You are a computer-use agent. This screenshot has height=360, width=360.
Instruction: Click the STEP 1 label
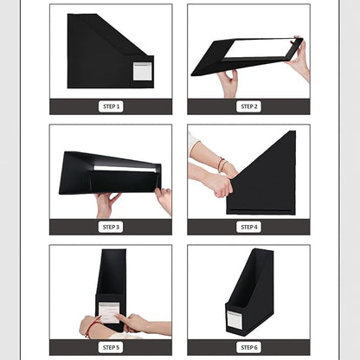pyautogui.click(x=111, y=106)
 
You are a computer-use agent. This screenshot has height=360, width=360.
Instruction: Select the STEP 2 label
pyautogui.click(x=248, y=106)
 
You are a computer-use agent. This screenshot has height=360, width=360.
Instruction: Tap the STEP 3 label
pyautogui.click(x=111, y=227)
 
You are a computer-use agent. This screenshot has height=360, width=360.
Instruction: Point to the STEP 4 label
pyautogui.click(x=248, y=227)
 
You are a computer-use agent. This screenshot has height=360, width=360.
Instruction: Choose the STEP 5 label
pyautogui.click(x=111, y=347)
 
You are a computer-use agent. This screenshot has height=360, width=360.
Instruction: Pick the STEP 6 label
pyautogui.click(x=248, y=347)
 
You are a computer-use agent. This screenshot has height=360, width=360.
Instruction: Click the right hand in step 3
pyautogui.click(x=164, y=200)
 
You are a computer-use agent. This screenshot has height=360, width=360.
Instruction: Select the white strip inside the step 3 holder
pyautogui.click(x=125, y=168)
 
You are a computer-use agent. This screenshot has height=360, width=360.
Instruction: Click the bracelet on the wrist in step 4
pyautogui.click(x=222, y=164)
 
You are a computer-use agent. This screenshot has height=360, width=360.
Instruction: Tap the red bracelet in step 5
pyautogui.click(x=90, y=326)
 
